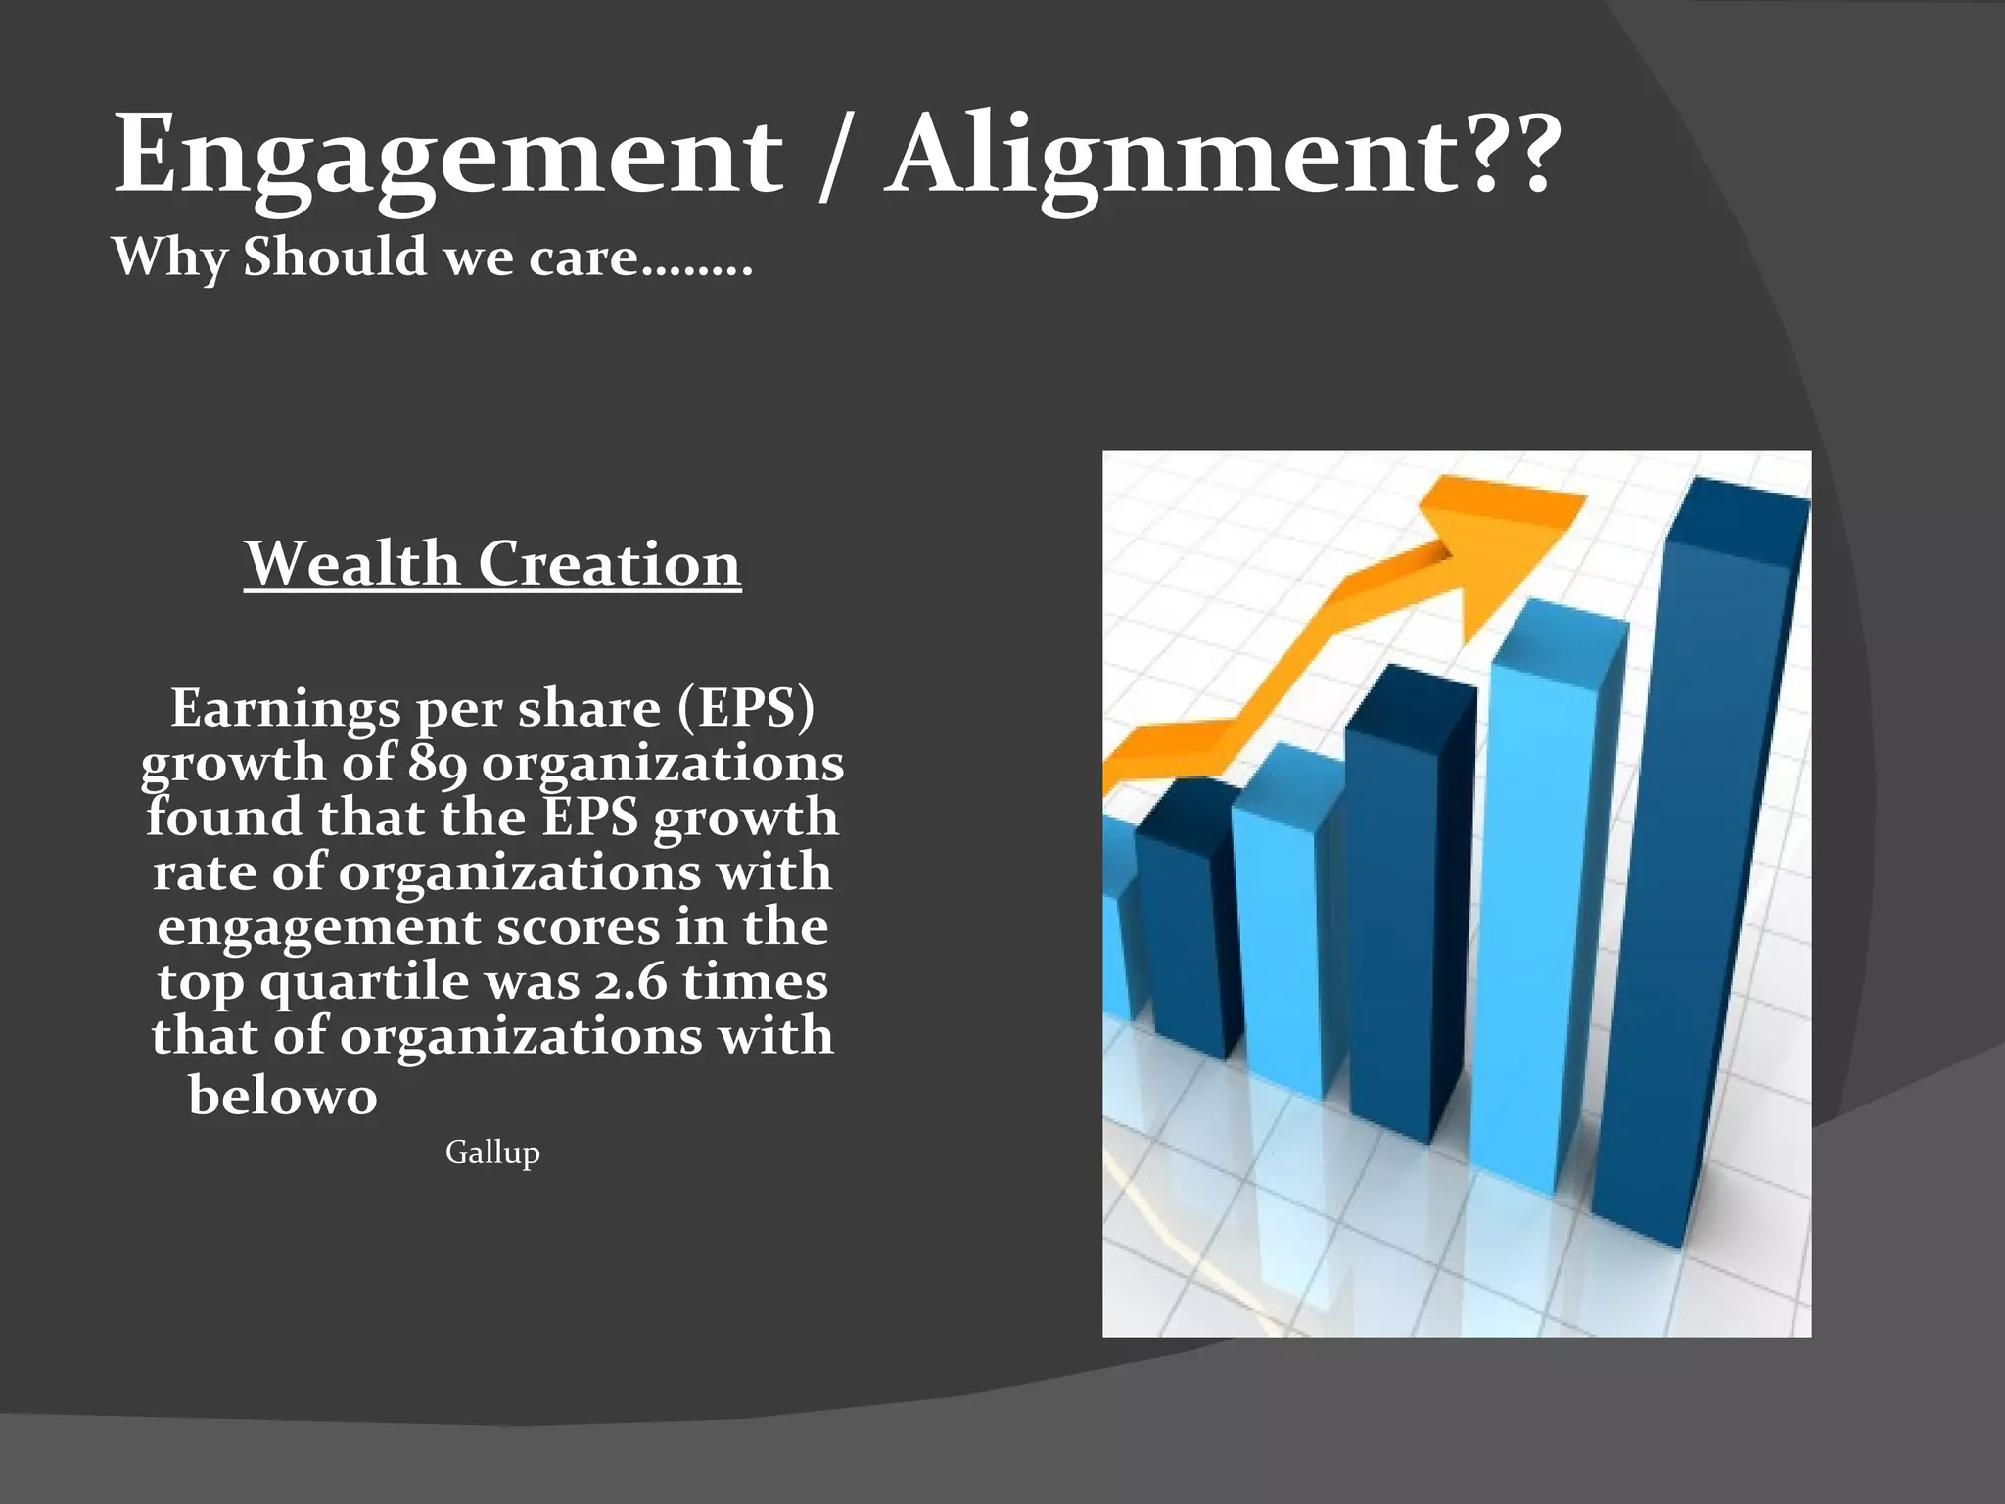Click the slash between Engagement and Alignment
pyautogui.click(x=832, y=157)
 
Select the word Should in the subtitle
pyautogui.click(x=335, y=258)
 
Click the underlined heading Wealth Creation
pyautogui.click(x=492, y=564)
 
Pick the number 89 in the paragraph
pyautogui.click(x=438, y=763)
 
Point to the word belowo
pyautogui.click(x=283, y=1095)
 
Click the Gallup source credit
pyautogui.click(x=492, y=1151)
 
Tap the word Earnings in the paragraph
pyautogui.click(x=286, y=708)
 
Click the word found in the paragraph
pyautogui.click(x=224, y=818)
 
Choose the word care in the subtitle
pyautogui.click(x=583, y=258)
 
